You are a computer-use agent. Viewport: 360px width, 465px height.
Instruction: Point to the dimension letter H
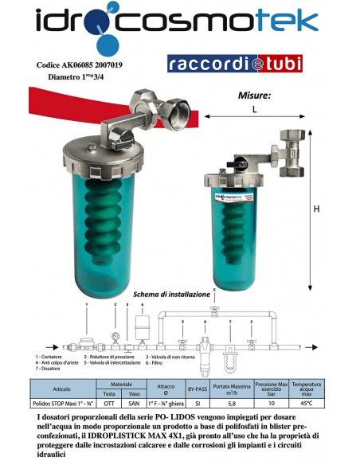(316, 209)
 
